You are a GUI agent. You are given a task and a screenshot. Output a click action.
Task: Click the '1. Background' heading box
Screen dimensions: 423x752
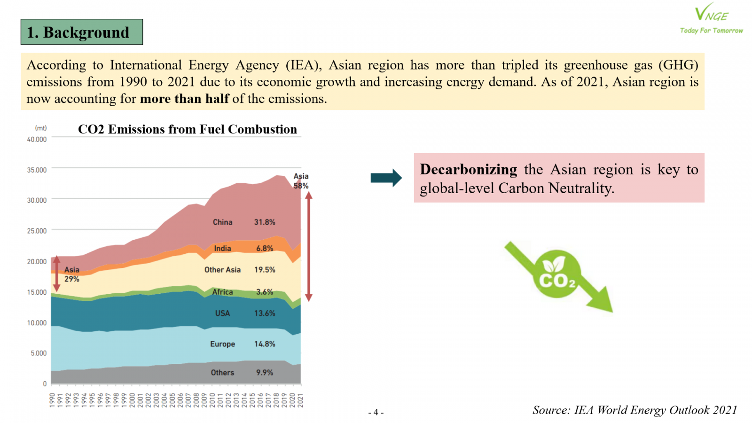pyautogui.click(x=82, y=32)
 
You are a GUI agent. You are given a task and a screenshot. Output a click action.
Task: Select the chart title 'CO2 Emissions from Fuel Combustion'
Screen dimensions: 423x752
pyautogui.click(x=187, y=129)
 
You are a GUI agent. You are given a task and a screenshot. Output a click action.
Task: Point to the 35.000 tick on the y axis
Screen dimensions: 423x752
pyautogui.click(x=37, y=170)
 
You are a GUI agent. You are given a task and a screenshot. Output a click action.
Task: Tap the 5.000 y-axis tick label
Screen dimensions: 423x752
pyautogui.click(x=39, y=353)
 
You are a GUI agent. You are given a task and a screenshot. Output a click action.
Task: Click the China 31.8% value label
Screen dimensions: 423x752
pyautogui.click(x=265, y=222)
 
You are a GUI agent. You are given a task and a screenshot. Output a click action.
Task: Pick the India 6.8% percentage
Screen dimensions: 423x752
pyautogui.click(x=265, y=248)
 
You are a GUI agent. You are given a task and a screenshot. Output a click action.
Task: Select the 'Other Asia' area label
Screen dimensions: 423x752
pyautogui.click(x=222, y=270)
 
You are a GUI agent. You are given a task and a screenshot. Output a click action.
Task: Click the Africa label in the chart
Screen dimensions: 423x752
pyautogui.click(x=222, y=292)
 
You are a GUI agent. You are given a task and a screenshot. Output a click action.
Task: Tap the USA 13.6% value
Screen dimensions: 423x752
pyautogui.click(x=265, y=313)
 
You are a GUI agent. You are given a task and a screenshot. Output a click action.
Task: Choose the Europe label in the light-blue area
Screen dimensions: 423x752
pyautogui.click(x=222, y=344)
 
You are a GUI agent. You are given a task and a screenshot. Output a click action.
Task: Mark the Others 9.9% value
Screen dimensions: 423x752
pyautogui.click(x=265, y=372)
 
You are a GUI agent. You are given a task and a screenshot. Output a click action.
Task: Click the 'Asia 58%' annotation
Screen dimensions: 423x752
pyautogui.click(x=301, y=181)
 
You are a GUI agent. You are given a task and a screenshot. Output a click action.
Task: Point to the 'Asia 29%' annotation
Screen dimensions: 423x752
pyautogui.click(x=72, y=274)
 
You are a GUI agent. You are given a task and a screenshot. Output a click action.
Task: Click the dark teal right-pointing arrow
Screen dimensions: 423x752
pyautogui.click(x=386, y=178)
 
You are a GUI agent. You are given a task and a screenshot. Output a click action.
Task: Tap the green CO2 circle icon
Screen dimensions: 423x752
pyautogui.click(x=556, y=274)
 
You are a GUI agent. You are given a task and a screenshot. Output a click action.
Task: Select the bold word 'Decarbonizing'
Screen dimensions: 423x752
pyautogui.click(x=468, y=169)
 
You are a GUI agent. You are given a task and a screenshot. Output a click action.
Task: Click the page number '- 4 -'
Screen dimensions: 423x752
pyautogui.click(x=376, y=412)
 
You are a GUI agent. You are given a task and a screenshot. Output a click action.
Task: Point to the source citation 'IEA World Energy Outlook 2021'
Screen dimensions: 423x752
pyautogui.click(x=655, y=410)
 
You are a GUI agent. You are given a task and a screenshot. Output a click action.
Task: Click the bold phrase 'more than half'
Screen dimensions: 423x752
pyautogui.click(x=184, y=99)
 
